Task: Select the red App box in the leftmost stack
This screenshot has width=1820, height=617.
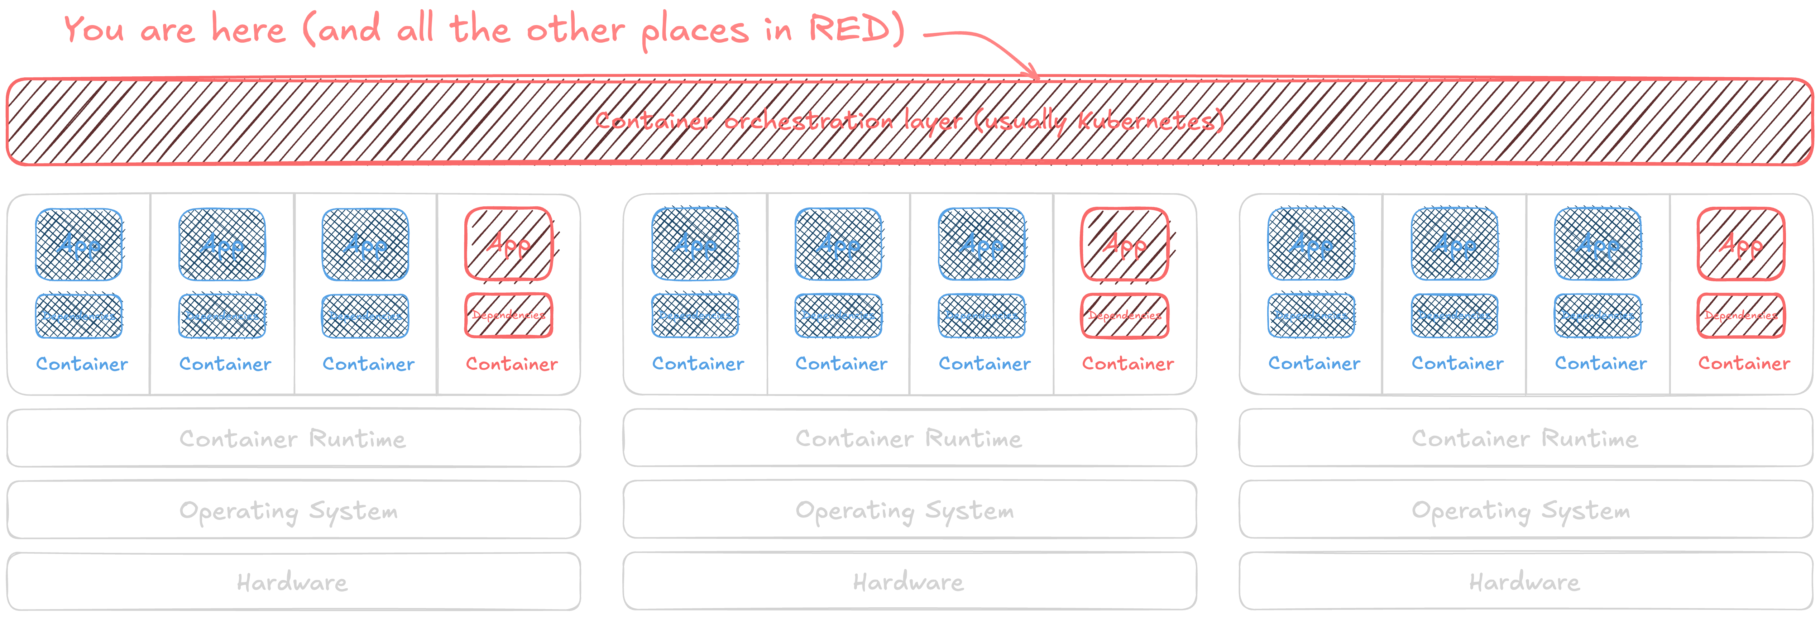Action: click(x=509, y=244)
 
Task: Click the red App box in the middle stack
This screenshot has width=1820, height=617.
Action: click(x=1125, y=244)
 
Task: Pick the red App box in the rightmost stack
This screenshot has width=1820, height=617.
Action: click(x=1741, y=244)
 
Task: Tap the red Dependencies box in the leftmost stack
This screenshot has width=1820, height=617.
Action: click(x=509, y=315)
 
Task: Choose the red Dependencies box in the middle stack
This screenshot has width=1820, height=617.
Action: click(x=1125, y=315)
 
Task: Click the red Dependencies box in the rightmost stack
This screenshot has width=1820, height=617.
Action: click(x=1741, y=315)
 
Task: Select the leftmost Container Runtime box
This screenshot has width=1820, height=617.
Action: click(x=293, y=438)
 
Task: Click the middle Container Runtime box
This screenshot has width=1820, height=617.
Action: click(x=909, y=438)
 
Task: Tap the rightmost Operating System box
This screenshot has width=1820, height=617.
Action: click(x=1526, y=510)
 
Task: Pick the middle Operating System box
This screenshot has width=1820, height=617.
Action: click(x=909, y=510)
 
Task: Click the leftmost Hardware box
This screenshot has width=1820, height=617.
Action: click(x=293, y=582)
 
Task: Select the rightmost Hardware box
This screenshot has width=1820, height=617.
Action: click(x=1526, y=582)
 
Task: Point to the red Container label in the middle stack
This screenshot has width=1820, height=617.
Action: click(x=1127, y=363)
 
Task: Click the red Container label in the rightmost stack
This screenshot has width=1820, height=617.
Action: click(x=1744, y=363)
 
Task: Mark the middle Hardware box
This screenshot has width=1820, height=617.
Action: click(x=909, y=582)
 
